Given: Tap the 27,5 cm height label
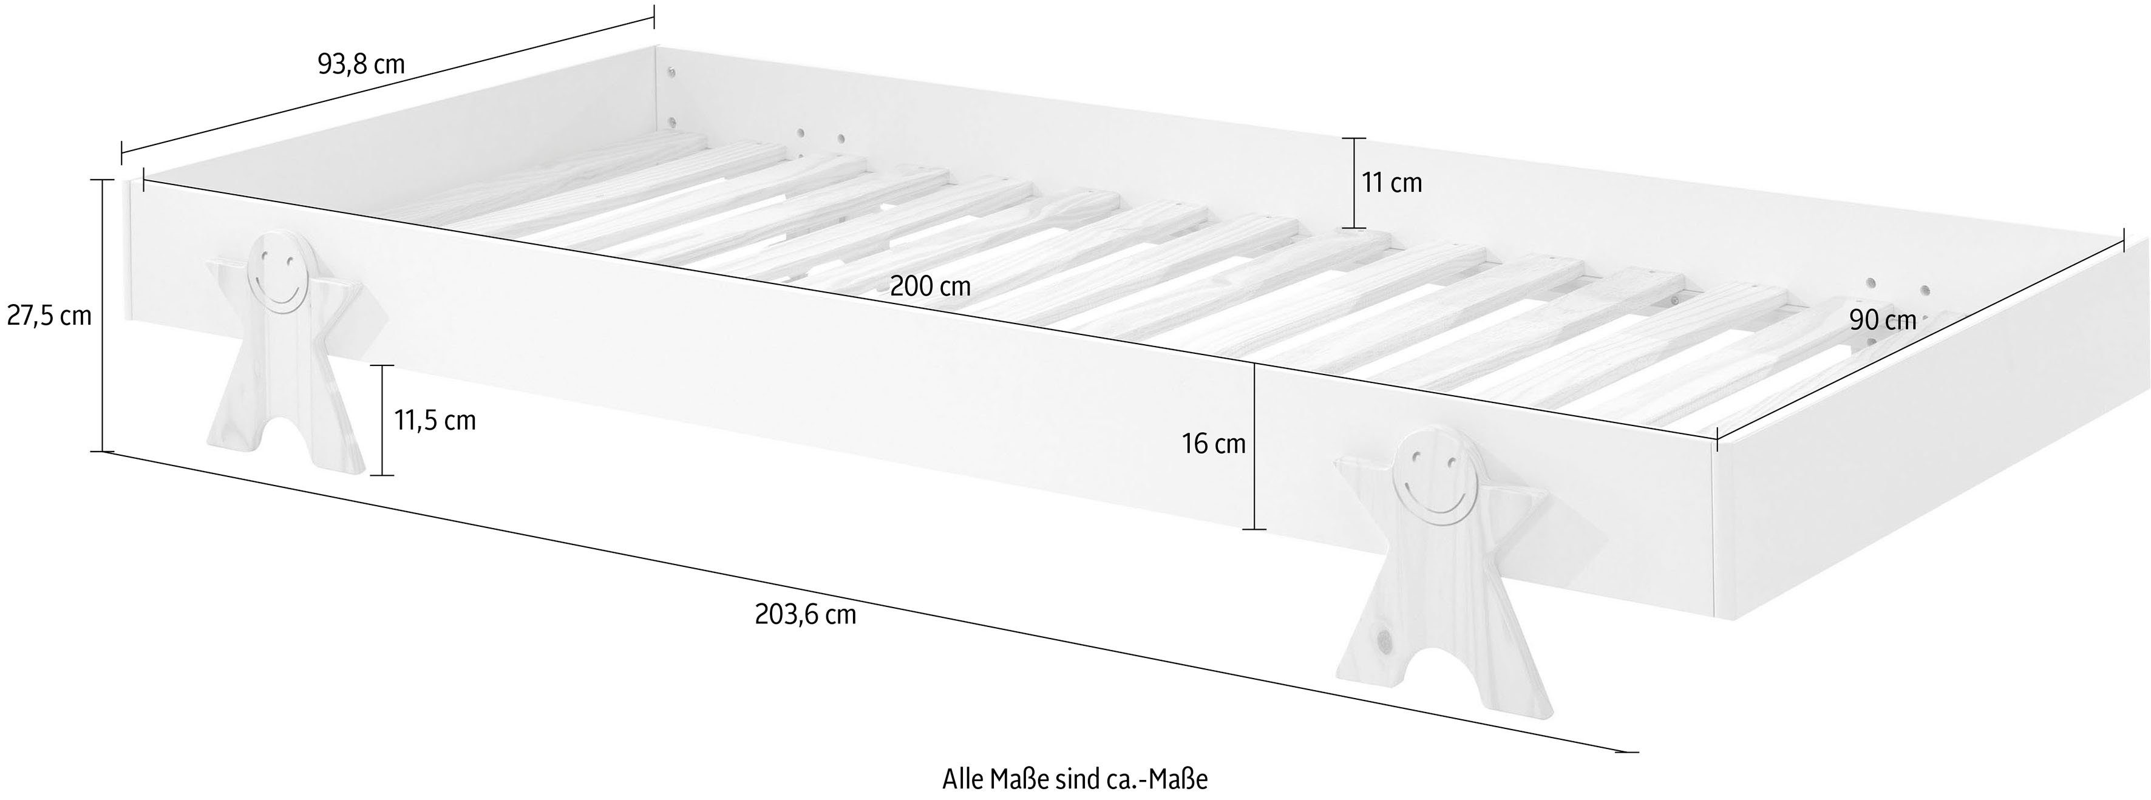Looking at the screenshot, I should (49, 316).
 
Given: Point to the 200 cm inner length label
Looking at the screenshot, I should (930, 287).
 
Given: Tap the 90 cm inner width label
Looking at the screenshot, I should (1883, 320).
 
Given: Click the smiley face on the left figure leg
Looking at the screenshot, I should (278, 274).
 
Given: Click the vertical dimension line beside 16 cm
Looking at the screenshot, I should (1254, 447).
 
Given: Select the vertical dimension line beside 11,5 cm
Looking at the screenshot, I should (382, 421).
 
